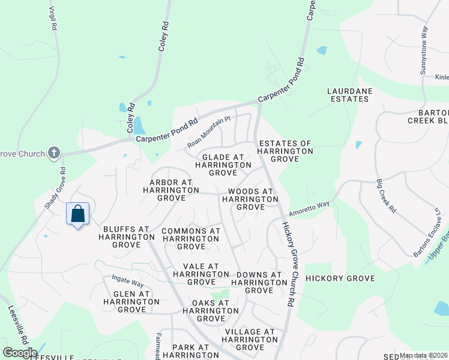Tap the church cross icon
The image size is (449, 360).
click(54, 153)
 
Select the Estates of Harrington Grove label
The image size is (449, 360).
click(286, 151)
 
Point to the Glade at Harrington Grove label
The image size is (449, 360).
click(223, 164)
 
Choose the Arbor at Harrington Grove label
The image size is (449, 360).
click(170, 190)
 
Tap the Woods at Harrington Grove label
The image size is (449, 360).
click(250, 199)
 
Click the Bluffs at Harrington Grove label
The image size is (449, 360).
click(126, 236)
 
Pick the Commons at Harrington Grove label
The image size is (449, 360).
click(191, 238)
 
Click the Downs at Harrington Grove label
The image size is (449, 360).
click(256, 283)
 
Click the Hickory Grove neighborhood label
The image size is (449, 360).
click(340, 278)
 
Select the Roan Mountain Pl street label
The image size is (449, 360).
click(209, 132)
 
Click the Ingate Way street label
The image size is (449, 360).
click(127, 281)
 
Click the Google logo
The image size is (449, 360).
click(20, 352)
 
